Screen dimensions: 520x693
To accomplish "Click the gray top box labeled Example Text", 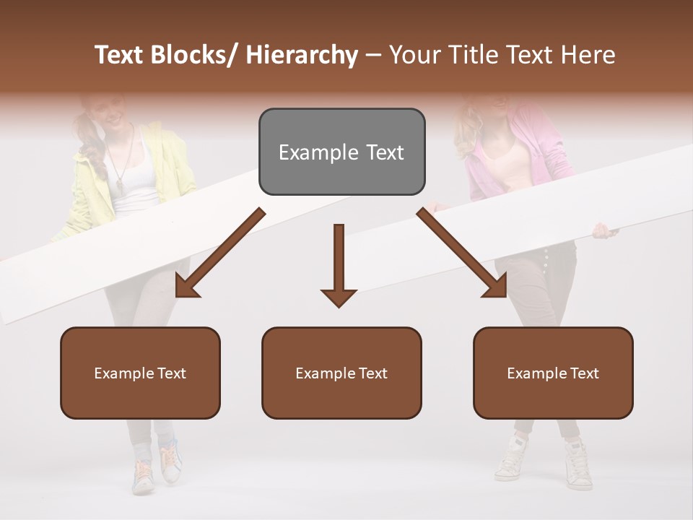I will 341,152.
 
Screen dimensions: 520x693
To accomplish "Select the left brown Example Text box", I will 140,373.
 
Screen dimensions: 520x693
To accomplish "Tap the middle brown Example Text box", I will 341,373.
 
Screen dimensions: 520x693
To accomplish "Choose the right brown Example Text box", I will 553,373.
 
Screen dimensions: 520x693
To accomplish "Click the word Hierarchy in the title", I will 302,55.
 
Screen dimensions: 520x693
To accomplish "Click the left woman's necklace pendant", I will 119,186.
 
